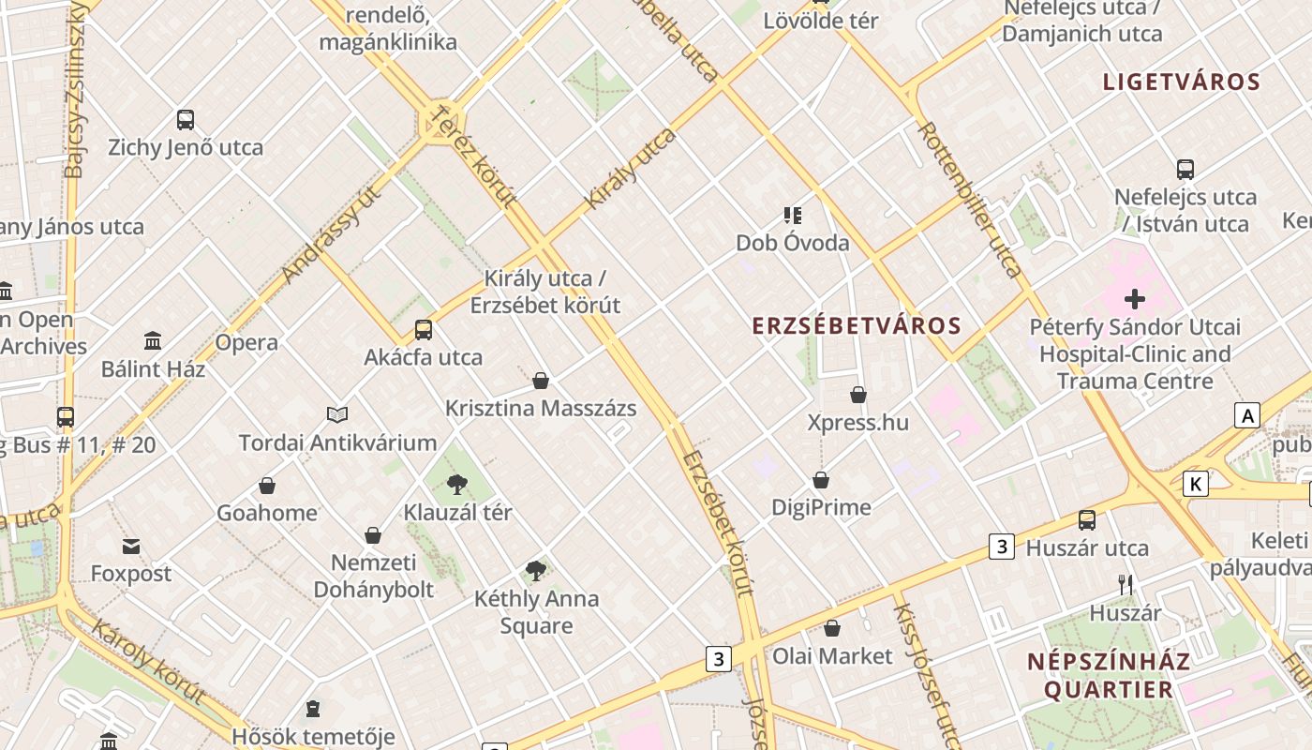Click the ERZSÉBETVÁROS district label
[857, 326]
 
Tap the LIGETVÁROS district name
[1181, 82]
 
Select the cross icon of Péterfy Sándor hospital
[1135, 300]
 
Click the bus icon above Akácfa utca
[424, 330]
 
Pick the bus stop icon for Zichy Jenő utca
[186, 120]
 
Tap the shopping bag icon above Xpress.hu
[858, 396]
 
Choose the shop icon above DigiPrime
[821, 481]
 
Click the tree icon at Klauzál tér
[457, 485]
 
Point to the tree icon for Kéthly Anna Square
[536, 570]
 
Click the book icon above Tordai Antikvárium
[337, 414]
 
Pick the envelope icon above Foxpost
[131, 547]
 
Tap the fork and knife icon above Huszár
[1126, 585]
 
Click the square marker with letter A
[1246, 415]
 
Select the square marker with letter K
[1195, 484]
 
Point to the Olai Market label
[832, 656]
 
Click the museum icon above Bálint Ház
[153, 341]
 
